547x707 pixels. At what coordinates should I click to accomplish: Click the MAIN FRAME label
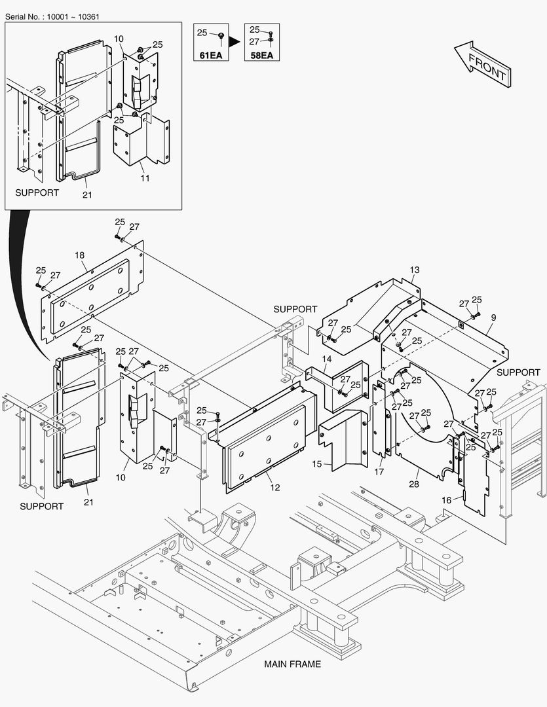[x=292, y=664]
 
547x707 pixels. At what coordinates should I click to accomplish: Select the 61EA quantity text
[x=210, y=55]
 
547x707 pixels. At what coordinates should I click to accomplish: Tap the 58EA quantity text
[x=261, y=55]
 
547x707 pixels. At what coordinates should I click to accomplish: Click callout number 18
[x=79, y=255]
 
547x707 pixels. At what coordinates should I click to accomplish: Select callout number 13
[x=415, y=270]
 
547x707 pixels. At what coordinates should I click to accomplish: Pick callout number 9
[x=493, y=317]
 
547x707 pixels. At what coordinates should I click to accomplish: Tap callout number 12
[x=274, y=488]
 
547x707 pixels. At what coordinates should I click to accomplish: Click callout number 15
[x=317, y=463]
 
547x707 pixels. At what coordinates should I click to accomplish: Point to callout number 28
[x=413, y=484]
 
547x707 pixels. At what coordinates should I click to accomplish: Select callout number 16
[x=446, y=499]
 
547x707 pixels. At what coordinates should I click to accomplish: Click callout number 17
[x=379, y=471]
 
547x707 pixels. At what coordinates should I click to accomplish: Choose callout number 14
[x=326, y=359]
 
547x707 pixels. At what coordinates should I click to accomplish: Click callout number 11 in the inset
[x=145, y=178]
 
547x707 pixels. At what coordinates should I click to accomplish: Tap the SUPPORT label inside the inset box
[x=37, y=192]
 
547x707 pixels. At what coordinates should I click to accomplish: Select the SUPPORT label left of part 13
[x=295, y=309]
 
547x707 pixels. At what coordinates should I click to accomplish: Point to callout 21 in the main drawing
[x=88, y=501]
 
